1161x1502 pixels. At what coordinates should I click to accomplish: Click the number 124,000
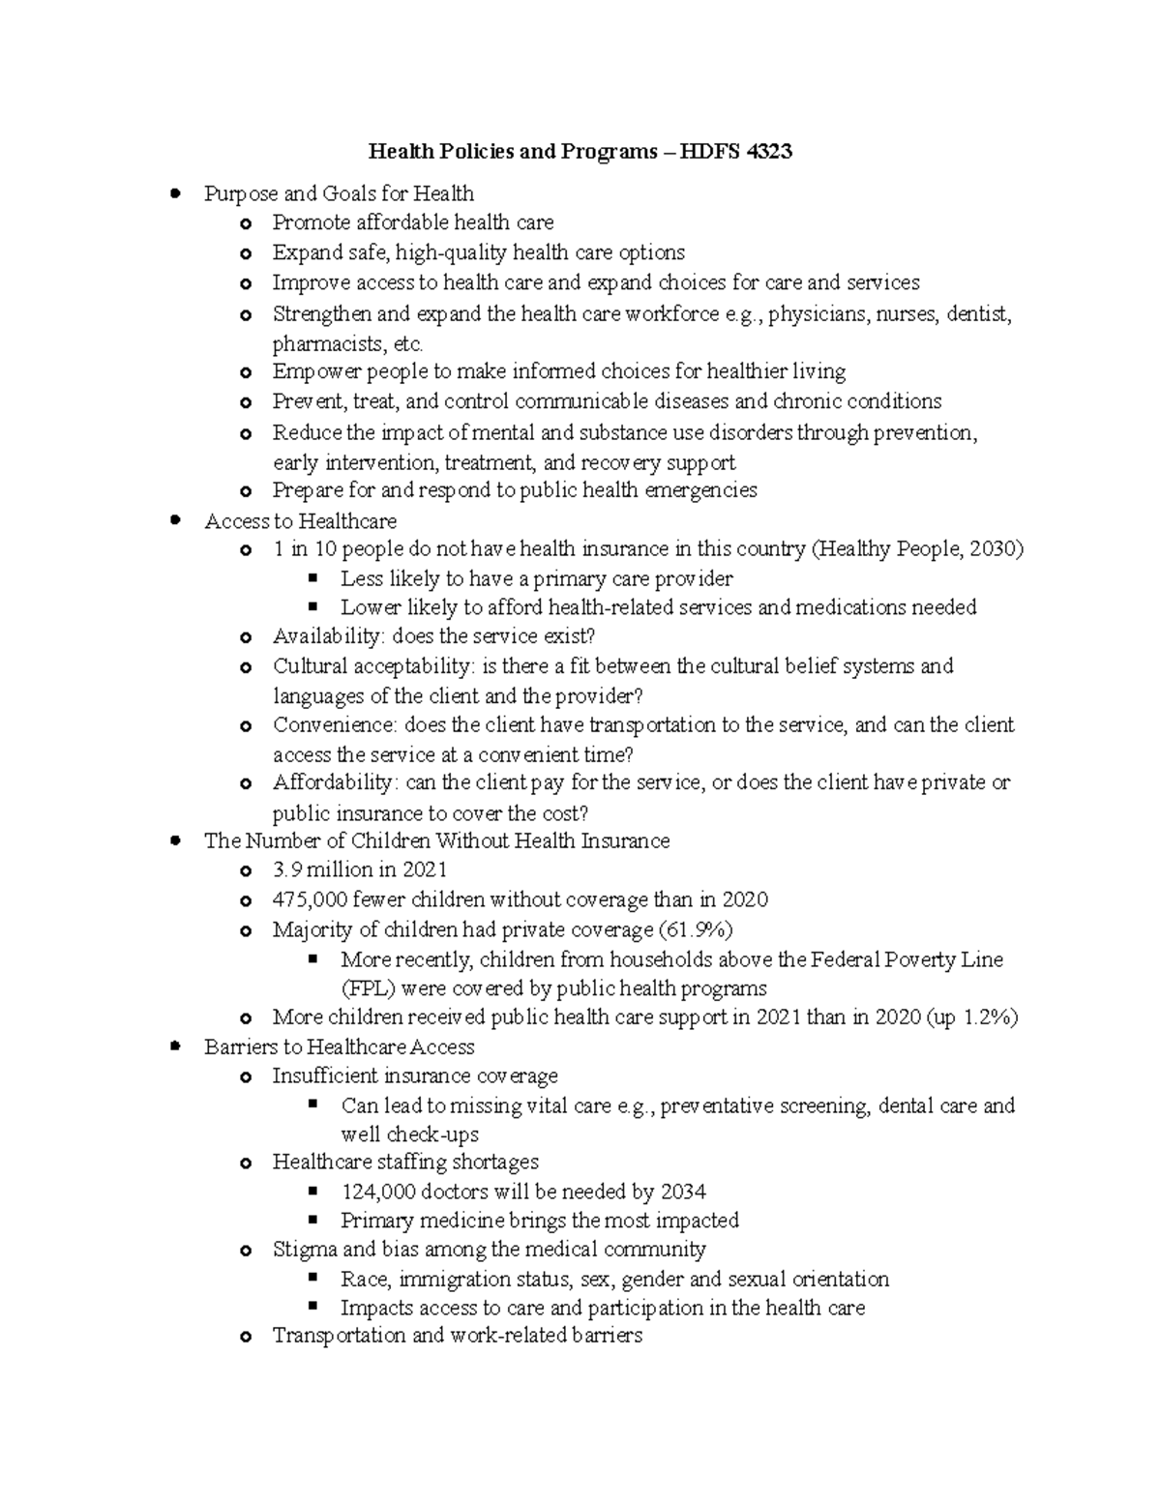point(379,1192)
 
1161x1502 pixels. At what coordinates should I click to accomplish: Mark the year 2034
point(683,1192)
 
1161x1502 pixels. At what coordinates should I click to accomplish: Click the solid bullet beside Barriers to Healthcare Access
point(175,1046)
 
